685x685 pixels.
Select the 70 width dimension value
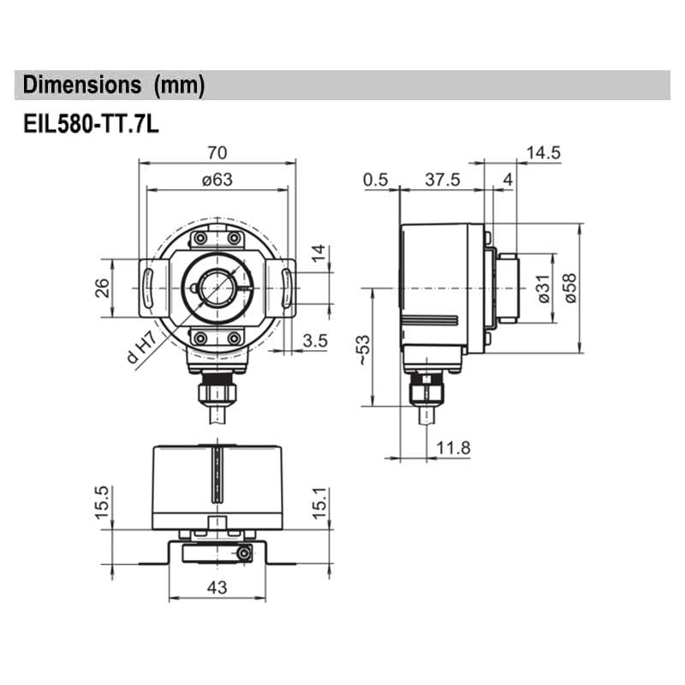pos(217,152)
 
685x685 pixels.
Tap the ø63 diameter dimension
pos(217,179)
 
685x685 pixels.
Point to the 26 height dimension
pos(101,288)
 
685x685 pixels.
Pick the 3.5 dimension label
pos(315,341)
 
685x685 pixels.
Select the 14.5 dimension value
pos(544,152)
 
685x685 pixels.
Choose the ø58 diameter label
pos(569,288)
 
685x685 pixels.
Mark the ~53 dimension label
pos(363,349)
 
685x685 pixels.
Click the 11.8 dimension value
pos(454,447)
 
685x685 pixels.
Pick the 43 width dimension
pos(217,588)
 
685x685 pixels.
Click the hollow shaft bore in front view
pos(217,288)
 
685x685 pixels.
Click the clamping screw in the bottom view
pos(246,555)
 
